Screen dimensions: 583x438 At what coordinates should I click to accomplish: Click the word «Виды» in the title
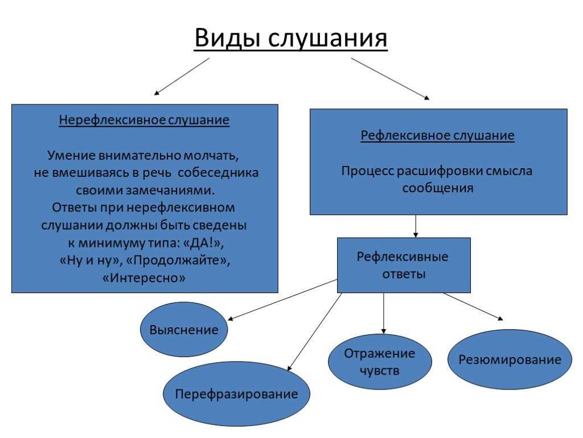click(228, 38)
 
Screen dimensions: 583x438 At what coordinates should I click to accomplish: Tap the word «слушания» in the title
click(328, 38)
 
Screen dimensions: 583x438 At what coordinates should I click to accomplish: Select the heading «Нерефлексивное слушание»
click(144, 120)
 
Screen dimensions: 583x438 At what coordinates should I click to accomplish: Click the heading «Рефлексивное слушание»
click(438, 135)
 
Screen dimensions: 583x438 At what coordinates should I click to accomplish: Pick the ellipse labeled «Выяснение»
click(184, 330)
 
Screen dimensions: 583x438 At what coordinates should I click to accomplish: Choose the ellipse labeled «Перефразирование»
click(236, 394)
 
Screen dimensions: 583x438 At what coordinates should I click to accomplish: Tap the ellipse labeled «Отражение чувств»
click(380, 362)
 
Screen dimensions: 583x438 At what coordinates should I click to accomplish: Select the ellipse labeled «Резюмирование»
click(510, 359)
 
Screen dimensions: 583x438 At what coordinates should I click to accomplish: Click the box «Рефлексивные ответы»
click(404, 265)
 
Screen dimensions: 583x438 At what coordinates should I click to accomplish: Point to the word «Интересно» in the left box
click(144, 278)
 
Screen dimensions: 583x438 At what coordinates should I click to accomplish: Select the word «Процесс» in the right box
click(367, 171)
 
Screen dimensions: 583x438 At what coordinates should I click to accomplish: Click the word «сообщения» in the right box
click(438, 188)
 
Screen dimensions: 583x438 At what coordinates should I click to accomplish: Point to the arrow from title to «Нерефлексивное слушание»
click(182, 76)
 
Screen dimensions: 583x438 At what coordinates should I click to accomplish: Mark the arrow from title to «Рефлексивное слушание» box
click(391, 79)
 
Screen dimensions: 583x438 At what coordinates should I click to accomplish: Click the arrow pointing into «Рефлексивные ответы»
click(416, 226)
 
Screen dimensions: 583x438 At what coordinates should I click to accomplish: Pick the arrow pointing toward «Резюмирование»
click(473, 306)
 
